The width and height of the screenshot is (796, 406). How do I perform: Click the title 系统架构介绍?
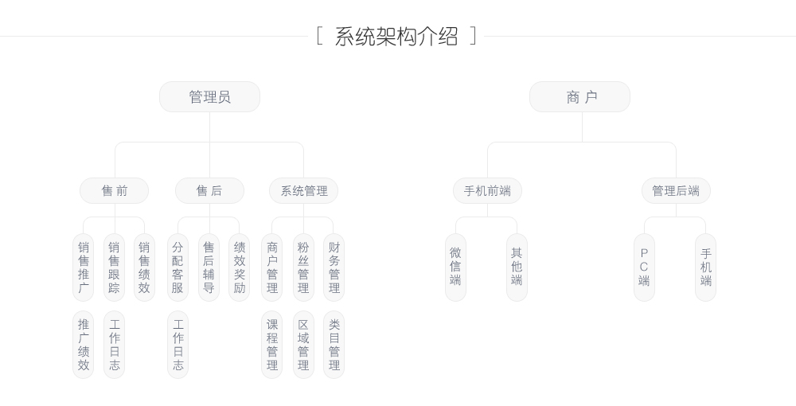pos(396,37)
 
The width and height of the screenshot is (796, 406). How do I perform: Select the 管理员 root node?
pos(209,97)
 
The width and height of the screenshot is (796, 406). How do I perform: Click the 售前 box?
pos(114,191)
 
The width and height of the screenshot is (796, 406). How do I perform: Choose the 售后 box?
pos(209,191)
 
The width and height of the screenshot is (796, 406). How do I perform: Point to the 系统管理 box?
pos(303,191)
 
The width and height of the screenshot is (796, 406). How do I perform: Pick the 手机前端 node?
pos(487,191)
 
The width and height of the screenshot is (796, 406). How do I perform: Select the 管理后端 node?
pos(676,191)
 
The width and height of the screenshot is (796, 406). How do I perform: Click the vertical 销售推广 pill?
pos(84,267)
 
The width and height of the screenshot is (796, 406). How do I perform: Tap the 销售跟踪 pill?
pos(115,267)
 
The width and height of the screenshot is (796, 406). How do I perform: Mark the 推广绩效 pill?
pos(84,345)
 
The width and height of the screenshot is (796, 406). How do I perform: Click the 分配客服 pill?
pos(178,267)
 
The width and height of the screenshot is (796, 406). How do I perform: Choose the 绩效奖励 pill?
pos(240,267)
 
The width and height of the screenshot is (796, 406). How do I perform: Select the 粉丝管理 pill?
pos(303,267)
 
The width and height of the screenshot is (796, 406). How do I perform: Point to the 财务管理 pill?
pos(334,267)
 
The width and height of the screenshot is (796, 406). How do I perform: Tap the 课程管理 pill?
pos(272,345)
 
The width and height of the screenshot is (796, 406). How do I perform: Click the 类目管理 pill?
pos(334,345)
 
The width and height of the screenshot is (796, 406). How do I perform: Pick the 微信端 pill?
pos(455,267)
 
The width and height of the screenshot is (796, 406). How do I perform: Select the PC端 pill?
pos(644,267)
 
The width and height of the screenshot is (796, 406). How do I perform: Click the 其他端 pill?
pos(517,267)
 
